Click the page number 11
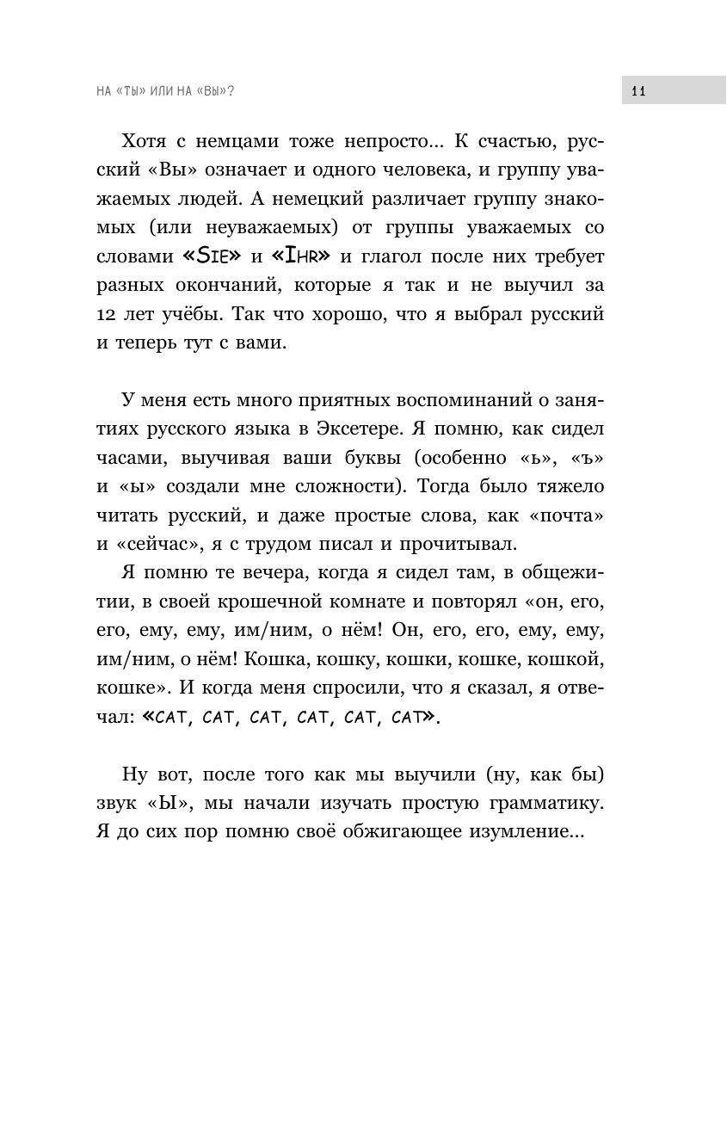[x=638, y=90]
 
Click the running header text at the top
[x=165, y=90]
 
